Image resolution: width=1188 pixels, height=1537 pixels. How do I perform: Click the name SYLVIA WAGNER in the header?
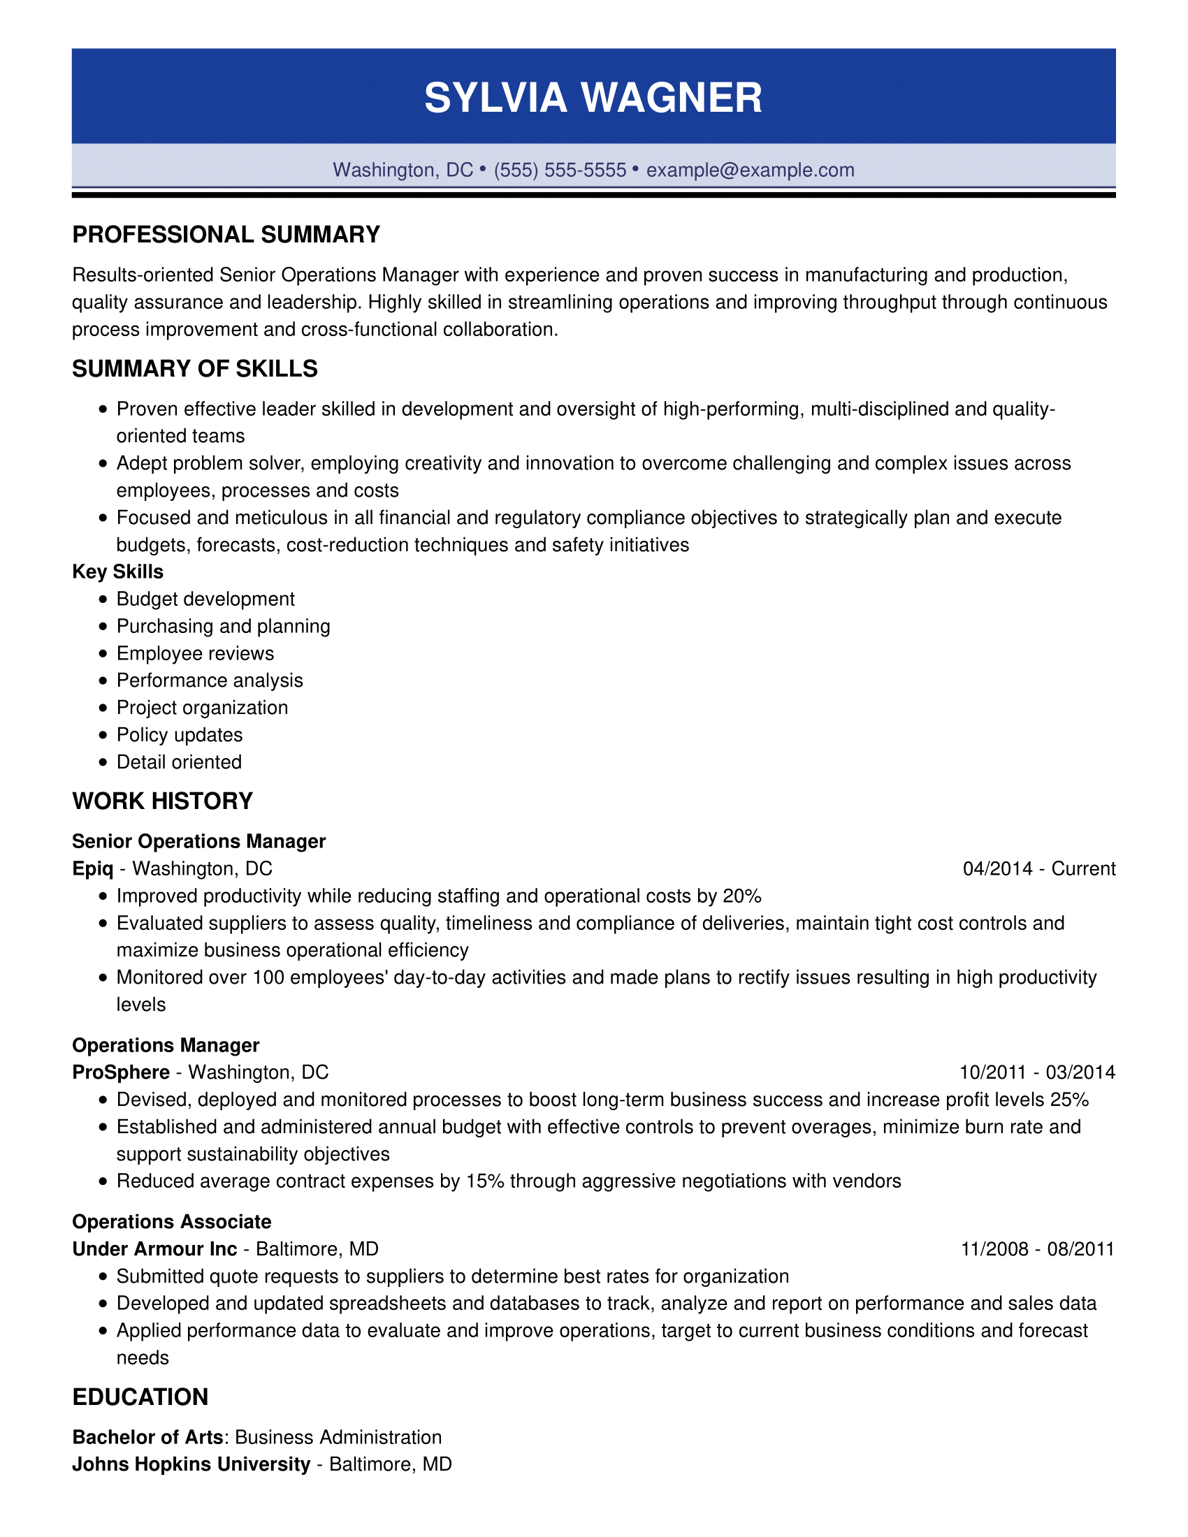pyautogui.click(x=593, y=97)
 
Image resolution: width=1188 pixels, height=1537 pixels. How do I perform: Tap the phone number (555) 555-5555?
pyautogui.click(x=560, y=170)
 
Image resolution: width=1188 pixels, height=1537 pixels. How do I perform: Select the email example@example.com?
pyautogui.click(x=751, y=170)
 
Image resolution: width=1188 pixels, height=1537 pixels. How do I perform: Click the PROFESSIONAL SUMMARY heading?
pyautogui.click(x=226, y=235)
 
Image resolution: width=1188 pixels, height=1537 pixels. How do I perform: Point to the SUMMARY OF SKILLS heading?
pyautogui.click(x=195, y=369)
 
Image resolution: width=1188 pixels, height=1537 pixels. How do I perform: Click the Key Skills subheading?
pyautogui.click(x=117, y=571)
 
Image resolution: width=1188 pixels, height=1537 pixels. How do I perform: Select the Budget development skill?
pyautogui.click(x=205, y=599)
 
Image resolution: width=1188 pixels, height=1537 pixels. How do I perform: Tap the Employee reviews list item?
pyautogui.click(x=195, y=653)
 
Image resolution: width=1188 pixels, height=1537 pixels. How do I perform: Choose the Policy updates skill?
pyautogui.click(x=180, y=735)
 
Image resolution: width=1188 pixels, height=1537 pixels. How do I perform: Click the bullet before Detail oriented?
pyautogui.click(x=103, y=762)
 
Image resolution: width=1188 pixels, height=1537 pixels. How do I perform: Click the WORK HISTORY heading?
pyautogui.click(x=163, y=801)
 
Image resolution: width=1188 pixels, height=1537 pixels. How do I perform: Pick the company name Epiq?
pyautogui.click(x=93, y=868)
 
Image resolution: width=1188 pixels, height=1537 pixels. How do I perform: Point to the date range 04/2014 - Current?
pyautogui.click(x=1038, y=868)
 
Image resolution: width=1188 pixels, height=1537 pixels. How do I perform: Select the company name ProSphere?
pyautogui.click(x=121, y=1072)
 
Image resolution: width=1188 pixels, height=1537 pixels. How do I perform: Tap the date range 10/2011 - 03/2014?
pyautogui.click(x=1037, y=1072)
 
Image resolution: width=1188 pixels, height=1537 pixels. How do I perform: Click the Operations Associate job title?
pyautogui.click(x=172, y=1222)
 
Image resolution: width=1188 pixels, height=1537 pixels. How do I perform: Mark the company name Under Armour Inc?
pyautogui.click(x=155, y=1248)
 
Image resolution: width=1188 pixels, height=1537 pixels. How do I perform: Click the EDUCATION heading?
pyautogui.click(x=140, y=1397)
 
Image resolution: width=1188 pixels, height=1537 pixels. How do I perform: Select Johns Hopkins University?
pyautogui.click(x=191, y=1464)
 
